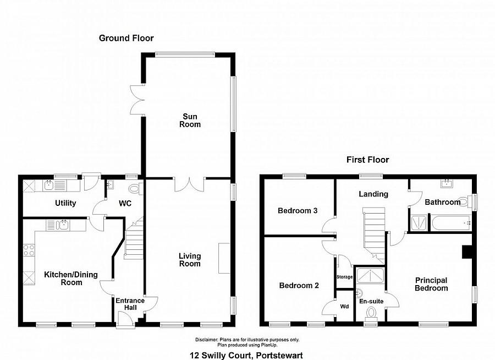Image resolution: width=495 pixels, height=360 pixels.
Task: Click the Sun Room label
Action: pyautogui.click(x=192, y=120)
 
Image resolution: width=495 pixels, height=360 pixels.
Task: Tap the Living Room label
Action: pyautogui.click(x=190, y=260)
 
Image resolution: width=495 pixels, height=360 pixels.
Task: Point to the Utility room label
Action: pyautogui.click(x=65, y=203)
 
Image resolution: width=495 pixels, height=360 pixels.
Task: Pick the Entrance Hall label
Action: pyautogui.click(x=130, y=304)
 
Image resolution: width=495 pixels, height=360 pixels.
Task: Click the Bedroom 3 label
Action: pyautogui.click(x=298, y=211)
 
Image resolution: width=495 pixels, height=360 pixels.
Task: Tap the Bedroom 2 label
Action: pyautogui.click(x=299, y=285)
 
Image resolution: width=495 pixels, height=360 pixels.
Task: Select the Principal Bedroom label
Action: pyautogui.click(x=431, y=284)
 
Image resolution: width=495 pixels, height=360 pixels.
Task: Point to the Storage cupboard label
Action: pyautogui.click(x=344, y=277)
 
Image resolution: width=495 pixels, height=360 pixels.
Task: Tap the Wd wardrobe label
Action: pyautogui.click(x=344, y=306)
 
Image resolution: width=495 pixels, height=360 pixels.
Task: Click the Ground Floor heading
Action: pyautogui.click(x=126, y=38)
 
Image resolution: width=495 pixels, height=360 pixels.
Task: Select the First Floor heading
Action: pyautogui.click(x=367, y=160)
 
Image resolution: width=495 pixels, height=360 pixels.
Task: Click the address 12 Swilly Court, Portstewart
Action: pyautogui.click(x=247, y=355)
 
